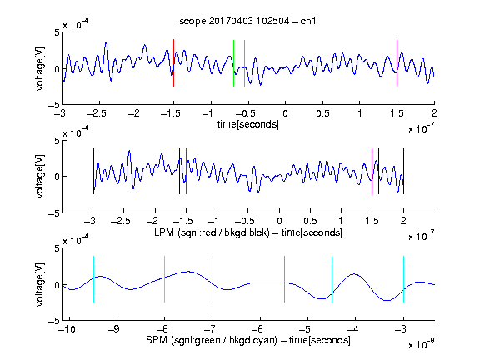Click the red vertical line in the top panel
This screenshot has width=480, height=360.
click(x=173, y=62)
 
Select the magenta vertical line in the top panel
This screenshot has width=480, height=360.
click(x=397, y=62)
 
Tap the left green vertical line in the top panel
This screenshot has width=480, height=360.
click(x=233, y=63)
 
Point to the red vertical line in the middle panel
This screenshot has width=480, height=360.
click(x=186, y=171)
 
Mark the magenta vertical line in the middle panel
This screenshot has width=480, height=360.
click(x=372, y=171)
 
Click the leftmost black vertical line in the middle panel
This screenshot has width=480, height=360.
click(x=93, y=171)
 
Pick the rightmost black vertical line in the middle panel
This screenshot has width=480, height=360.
click(x=403, y=171)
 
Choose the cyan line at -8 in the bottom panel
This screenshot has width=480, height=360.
click(x=165, y=279)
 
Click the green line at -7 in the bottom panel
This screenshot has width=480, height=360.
click(x=212, y=279)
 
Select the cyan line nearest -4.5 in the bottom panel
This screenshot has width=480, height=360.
click(x=332, y=279)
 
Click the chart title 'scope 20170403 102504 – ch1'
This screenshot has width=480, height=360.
click(x=247, y=21)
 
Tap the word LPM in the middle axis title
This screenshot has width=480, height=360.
click(x=164, y=232)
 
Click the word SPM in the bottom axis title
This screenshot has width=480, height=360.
click(x=156, y=340)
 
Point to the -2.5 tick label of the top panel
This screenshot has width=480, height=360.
click(x=97, y=113)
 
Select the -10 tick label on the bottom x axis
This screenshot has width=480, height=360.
click(x=67, y=329)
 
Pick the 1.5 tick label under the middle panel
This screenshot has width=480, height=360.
click(x=372, y=221)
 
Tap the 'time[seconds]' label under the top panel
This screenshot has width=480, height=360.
click(x=248, y=124)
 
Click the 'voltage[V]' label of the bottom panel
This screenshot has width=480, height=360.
click(x=40, y=284)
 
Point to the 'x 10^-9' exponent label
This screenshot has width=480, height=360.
click(x=422, y=344)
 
